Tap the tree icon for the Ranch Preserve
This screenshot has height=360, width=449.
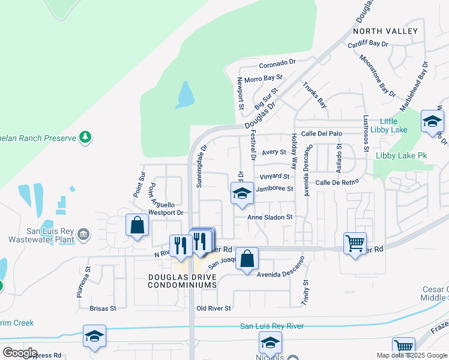click(85, 137)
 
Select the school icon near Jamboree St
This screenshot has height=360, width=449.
click(241, 193)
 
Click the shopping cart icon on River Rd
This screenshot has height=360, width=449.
click(355, 242)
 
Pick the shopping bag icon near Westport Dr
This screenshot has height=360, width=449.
click(137, 225)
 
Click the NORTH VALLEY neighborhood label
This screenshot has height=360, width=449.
click(385, 31)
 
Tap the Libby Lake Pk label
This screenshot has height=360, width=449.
click(401, 155)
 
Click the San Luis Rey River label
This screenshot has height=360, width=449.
click(272, 326)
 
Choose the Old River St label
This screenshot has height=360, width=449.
click(214, 308)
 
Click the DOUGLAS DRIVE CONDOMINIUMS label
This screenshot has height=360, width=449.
click(182, 281)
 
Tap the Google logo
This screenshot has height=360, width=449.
click(20, 353)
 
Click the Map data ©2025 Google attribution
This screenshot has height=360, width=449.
click(411, 355)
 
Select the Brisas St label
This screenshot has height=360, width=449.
click(102, 308)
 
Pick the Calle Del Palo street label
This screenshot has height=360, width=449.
click(321, 133)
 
